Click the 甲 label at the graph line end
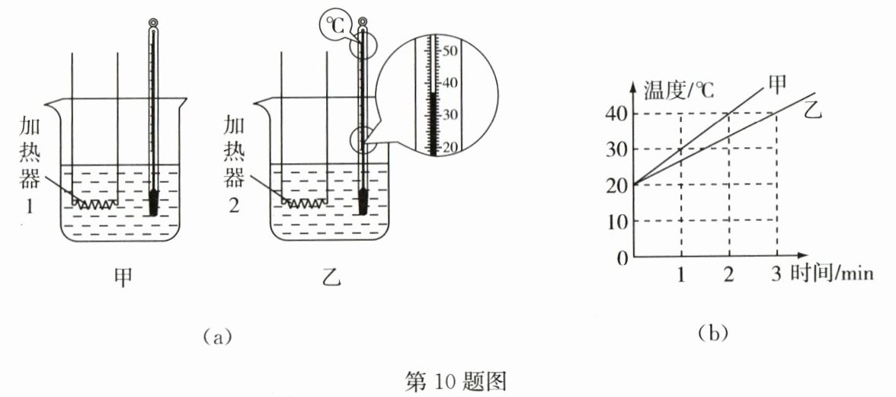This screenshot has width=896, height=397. (779, 85)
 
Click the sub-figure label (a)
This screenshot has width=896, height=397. (213, 335)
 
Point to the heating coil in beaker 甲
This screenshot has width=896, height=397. (95, 203)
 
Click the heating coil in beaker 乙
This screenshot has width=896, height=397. (305, 203)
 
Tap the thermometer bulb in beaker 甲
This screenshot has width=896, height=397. (155, 203)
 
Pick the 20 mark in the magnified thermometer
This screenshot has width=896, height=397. (448, 147)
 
